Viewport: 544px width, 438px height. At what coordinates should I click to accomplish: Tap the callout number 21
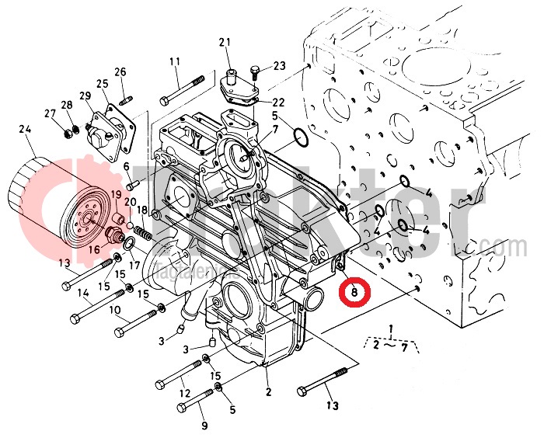(x=225, y=42)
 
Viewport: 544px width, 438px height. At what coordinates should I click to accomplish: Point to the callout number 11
(x=174, y=61)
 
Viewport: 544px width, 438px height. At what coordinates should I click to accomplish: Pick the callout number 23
(x=279, y=65)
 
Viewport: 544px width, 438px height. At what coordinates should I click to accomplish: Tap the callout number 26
(x=120, y=72)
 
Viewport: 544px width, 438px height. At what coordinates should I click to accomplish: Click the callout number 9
(x=204, y=426)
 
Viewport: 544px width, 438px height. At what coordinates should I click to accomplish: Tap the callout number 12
(x=184, y=395)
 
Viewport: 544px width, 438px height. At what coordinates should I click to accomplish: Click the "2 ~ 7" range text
(x=392, y=346)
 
